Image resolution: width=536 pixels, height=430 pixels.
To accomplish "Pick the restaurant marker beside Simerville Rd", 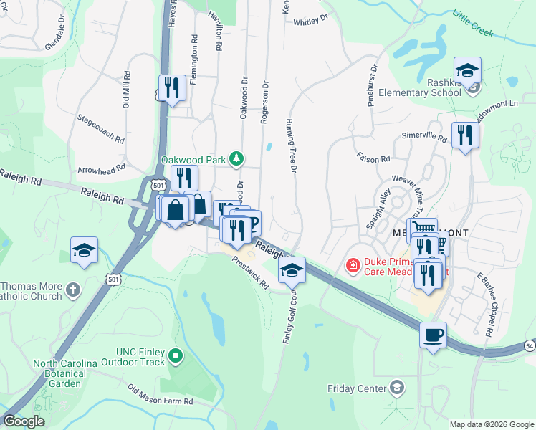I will [x=465, y=135].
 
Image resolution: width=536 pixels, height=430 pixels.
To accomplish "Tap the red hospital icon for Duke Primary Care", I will [x=353, y=267].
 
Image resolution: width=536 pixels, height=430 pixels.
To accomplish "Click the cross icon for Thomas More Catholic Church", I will [x=72, y=290].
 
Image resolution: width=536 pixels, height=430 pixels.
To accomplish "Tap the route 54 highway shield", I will [x=529, y=346].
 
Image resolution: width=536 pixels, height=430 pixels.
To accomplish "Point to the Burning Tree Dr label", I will [x=292, y=145].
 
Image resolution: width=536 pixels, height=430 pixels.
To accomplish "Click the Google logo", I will [x=23, y=421].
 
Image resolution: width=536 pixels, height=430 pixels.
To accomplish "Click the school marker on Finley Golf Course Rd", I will [x=291, y=270].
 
